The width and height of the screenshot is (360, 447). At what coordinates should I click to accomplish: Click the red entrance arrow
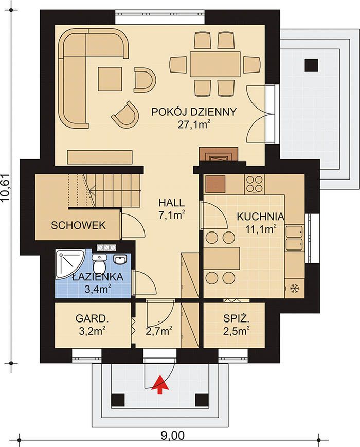coord(160,384)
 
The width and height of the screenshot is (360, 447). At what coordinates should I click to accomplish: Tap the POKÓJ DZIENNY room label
coord(194,112)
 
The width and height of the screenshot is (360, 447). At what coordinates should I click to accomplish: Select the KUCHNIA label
coord(261,217)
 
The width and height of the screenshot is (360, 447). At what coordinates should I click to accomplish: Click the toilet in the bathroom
coord(99,263)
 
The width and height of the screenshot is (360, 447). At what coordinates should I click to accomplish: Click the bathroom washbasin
coord(120,259)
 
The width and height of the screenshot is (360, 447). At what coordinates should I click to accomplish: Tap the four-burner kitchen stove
coord(254,184)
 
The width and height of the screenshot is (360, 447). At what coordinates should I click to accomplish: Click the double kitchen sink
coord(295,238)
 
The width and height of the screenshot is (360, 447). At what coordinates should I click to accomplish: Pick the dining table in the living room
coord(215,64)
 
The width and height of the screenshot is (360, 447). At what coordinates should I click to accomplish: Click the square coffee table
coord(110,79)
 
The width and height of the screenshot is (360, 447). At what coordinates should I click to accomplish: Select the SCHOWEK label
coord(78,225)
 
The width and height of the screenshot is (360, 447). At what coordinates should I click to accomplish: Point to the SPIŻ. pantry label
coord(237,318)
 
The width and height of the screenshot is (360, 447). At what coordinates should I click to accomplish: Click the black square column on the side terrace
coord(311,65)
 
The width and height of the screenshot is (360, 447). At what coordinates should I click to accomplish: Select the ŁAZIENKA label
coord(98,277)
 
